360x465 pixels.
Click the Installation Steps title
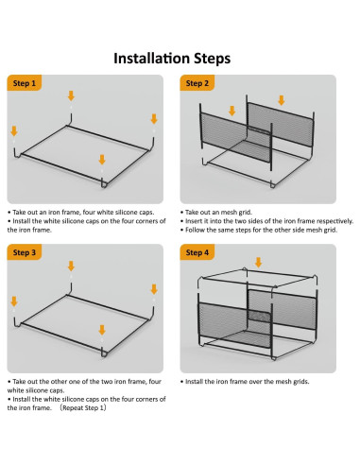[172, 59]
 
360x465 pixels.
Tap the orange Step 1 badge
[25, 83]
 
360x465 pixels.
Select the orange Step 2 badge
[197, 83]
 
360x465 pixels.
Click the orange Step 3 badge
[25, 252]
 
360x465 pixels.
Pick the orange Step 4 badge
[197, 252]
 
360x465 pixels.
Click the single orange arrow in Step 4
[258, 263]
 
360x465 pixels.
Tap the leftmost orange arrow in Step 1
[14, 131]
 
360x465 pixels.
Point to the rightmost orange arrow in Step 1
[154, 119]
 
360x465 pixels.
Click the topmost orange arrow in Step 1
[71, 95]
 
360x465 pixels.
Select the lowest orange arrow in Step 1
[102, 160]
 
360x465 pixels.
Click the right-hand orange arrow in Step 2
[282, 100]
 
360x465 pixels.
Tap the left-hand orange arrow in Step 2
[232, 111]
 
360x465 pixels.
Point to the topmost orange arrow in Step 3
[71, 266]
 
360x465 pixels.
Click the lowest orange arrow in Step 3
[102, 330]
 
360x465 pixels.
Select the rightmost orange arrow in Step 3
[154, 289]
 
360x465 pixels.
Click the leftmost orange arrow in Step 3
[14, 301]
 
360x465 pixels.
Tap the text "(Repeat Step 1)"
[84, 407]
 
